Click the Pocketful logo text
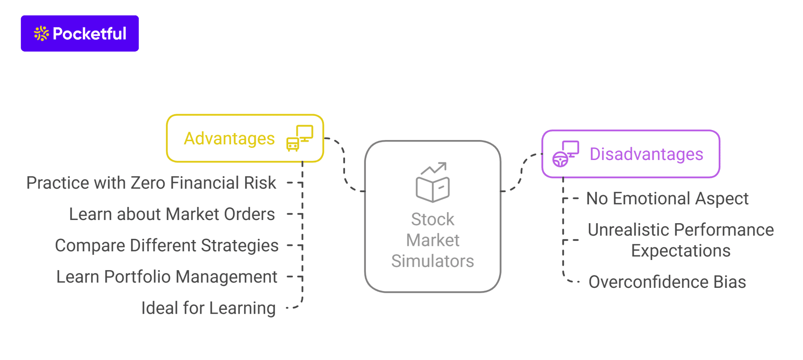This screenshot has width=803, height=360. coord(89,34)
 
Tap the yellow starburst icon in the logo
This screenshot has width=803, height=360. coord(41,34)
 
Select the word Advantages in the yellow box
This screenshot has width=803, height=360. coord(229,138)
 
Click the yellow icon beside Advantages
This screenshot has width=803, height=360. coord(300,138)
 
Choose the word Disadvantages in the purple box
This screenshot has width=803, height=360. coord(646,154)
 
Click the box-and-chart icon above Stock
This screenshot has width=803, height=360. coord(433,182)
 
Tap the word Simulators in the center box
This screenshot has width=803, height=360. coord(432,261)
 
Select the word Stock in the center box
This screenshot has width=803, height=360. coord(432,219)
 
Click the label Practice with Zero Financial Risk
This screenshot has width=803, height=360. coord(151,183)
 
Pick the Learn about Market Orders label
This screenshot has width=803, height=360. coord(172,214)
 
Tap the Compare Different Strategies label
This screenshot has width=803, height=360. coord(167,245)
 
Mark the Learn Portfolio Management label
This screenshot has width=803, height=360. coord(167,277)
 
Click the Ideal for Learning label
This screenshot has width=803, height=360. coord(208,308)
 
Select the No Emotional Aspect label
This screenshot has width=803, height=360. coord(667,198)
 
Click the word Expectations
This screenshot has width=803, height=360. coord(681,251)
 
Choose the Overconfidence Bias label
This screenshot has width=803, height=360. coord(667,282)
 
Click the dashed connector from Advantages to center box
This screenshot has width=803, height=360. coord(344,165)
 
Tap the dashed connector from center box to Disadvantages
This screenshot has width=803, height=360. coord(521,173)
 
